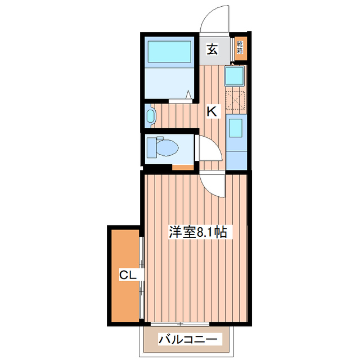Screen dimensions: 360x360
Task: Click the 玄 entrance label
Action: tap(211, 49)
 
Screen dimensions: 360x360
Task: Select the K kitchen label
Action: tap(211, 111)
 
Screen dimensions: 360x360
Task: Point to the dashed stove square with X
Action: tap(236, 100)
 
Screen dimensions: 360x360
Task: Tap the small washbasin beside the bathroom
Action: tap(150, 116)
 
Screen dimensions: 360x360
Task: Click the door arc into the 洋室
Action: tap(213, 184)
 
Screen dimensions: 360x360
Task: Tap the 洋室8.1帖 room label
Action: tap(199, 232)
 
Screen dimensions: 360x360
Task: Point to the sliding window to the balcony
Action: tap(180, 324)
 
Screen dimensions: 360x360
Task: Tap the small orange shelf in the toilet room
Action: tap(181, 166)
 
